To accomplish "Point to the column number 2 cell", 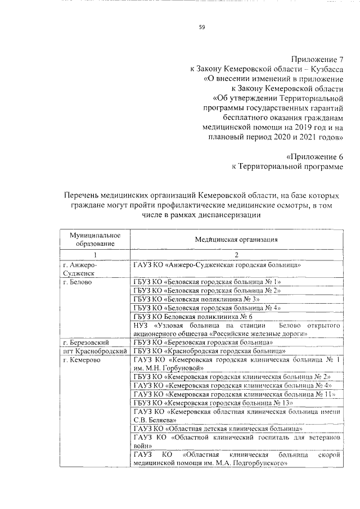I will pos(236,255).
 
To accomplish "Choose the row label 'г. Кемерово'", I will pos(82,359).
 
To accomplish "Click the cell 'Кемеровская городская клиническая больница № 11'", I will pos(235,394).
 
